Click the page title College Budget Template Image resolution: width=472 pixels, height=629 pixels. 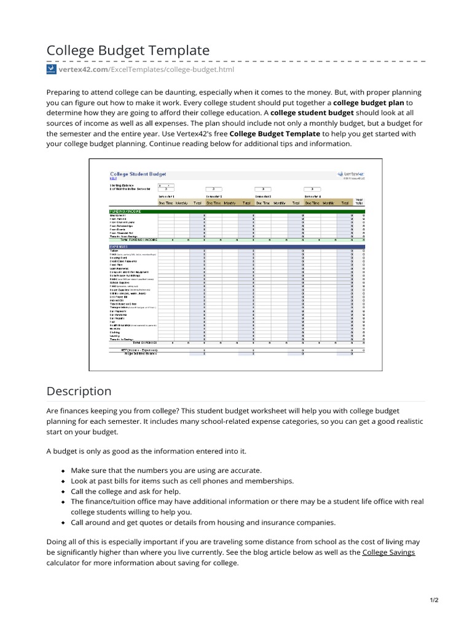(x=128, y=50)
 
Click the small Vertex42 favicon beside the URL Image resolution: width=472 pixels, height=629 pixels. (x=51, y=70)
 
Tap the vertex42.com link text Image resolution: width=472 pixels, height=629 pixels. (x=83, y=70)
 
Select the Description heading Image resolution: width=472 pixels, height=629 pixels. (x=79, y=391)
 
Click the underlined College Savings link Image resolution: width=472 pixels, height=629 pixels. (x=388, y=552)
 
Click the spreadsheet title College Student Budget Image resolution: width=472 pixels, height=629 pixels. (x=138, y=174)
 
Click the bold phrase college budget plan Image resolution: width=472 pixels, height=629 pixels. (x=368, y=103)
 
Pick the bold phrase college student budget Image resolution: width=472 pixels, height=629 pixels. (x=312, y=113)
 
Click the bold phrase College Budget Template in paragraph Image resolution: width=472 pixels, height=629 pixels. (x=275, y=133)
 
